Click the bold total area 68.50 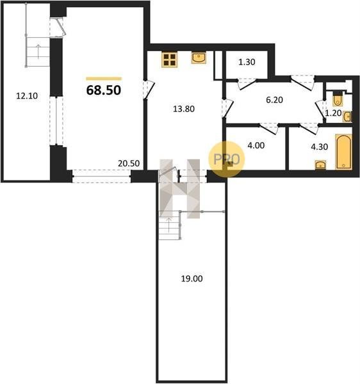pos(104,90)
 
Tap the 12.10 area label pos(27,96)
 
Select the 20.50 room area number pos(129,163)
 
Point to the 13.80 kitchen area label pos(184,109)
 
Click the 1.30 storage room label pos(247,62)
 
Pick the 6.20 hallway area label pos(274,100)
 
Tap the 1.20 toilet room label pos(333,113)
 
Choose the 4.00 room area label pos(256,145)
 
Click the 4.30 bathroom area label pos(319,147)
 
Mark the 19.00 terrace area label pos(192,278)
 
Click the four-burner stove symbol pos(170,60)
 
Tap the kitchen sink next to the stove pos(199,58)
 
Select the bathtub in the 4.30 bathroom pos(343,152)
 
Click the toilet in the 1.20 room pos(338,99)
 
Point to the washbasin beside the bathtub pos(320,165)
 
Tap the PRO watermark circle pos(227,159)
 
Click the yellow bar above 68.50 pos(104,79)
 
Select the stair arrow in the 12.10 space pos(38,51)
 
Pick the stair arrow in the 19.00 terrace pos(169,225)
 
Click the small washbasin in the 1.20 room pos(347,117)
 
